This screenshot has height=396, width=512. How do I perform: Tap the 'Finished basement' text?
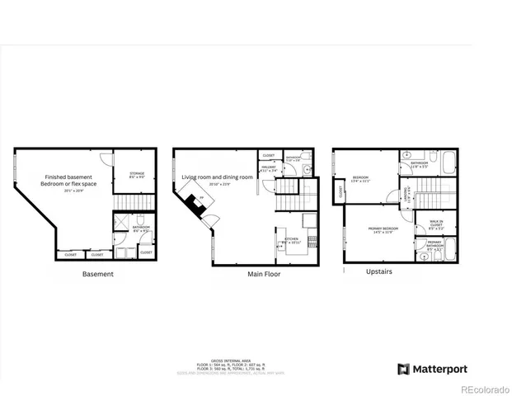click(68, 176)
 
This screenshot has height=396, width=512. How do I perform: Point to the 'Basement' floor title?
click(98, 274)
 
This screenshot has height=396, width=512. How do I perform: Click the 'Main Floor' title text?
click(264, 274)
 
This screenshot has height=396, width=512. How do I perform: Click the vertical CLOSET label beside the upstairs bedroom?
click(340, 193)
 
